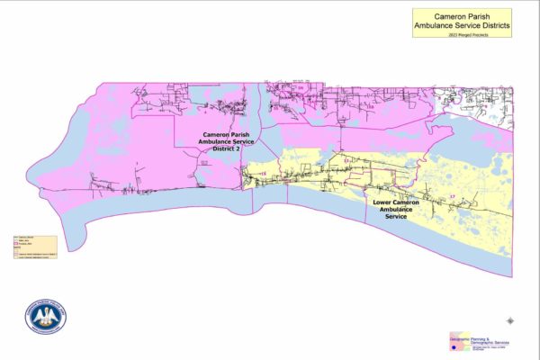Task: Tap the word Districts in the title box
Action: pyautogui.click(x=491, y=26)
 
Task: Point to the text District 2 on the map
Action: pyautogui.click(x=230, y=148)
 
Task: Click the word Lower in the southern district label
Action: pyautogui.click(x=382, y=204)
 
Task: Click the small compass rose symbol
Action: pyautogui.click(x=511, y=319)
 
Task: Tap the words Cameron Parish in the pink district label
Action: pyautogui.click(x=230, y=134)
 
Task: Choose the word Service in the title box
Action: pyautogui.click(x=465, y=26)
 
